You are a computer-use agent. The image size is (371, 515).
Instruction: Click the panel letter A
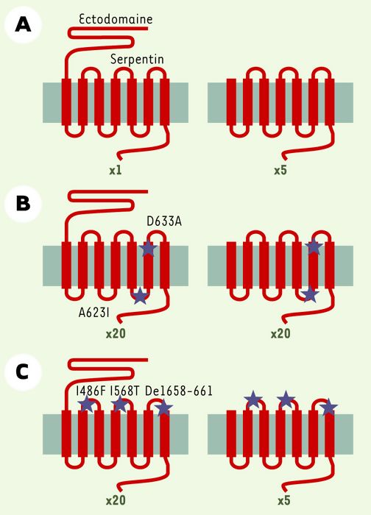(x=23, y=25)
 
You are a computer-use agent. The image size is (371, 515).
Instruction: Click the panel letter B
(x=23, y=203)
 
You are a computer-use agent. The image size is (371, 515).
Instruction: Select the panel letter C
(x=23, y=372)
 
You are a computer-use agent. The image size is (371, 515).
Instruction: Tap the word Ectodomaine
(x=116, y=19)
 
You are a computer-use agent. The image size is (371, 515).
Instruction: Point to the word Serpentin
(x=137, y=59)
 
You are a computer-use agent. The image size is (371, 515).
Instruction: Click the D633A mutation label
(x=164, y=221)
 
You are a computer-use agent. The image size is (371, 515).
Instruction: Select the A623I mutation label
(x=94, y=313)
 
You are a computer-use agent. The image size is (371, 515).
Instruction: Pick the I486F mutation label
(x=91, y=391)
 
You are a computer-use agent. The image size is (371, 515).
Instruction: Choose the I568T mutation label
(x=125, y=391)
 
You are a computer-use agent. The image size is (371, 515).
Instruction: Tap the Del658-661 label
(x=178, y=391)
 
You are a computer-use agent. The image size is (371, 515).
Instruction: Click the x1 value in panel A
(x=116, y=170)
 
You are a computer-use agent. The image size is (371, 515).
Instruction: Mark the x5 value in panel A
(x=280, y=170)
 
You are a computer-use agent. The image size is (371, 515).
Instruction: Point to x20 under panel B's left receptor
(x=116, y=334)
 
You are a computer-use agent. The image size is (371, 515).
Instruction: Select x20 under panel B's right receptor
(x=280, y=334)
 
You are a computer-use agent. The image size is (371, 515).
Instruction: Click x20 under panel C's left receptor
(x=116, y=500)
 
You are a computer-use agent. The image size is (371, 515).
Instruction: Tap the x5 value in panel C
(x=284, y=500)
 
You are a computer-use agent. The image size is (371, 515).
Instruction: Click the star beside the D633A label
(x=148, y=248)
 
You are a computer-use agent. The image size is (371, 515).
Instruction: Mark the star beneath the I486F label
(x=87, y=404)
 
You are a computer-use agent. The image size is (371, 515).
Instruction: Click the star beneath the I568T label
(x=120, y=404)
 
